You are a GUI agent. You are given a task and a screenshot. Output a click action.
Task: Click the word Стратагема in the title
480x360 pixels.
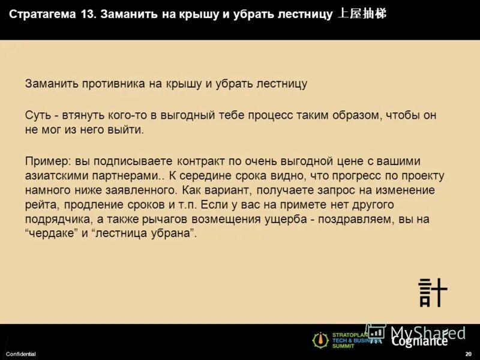point(41,14)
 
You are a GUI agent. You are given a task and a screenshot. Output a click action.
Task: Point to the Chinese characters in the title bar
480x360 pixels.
point(362,14)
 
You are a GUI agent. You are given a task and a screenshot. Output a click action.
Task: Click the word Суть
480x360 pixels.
point(38,115)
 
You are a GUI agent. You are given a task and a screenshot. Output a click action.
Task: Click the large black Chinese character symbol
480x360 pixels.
point(433,292)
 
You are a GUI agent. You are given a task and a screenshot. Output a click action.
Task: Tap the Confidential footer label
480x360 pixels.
point(21,355)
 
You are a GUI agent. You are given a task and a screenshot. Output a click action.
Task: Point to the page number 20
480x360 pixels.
point(468,355)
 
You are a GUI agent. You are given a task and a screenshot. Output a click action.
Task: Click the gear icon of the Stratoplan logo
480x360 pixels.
point(320,340)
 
